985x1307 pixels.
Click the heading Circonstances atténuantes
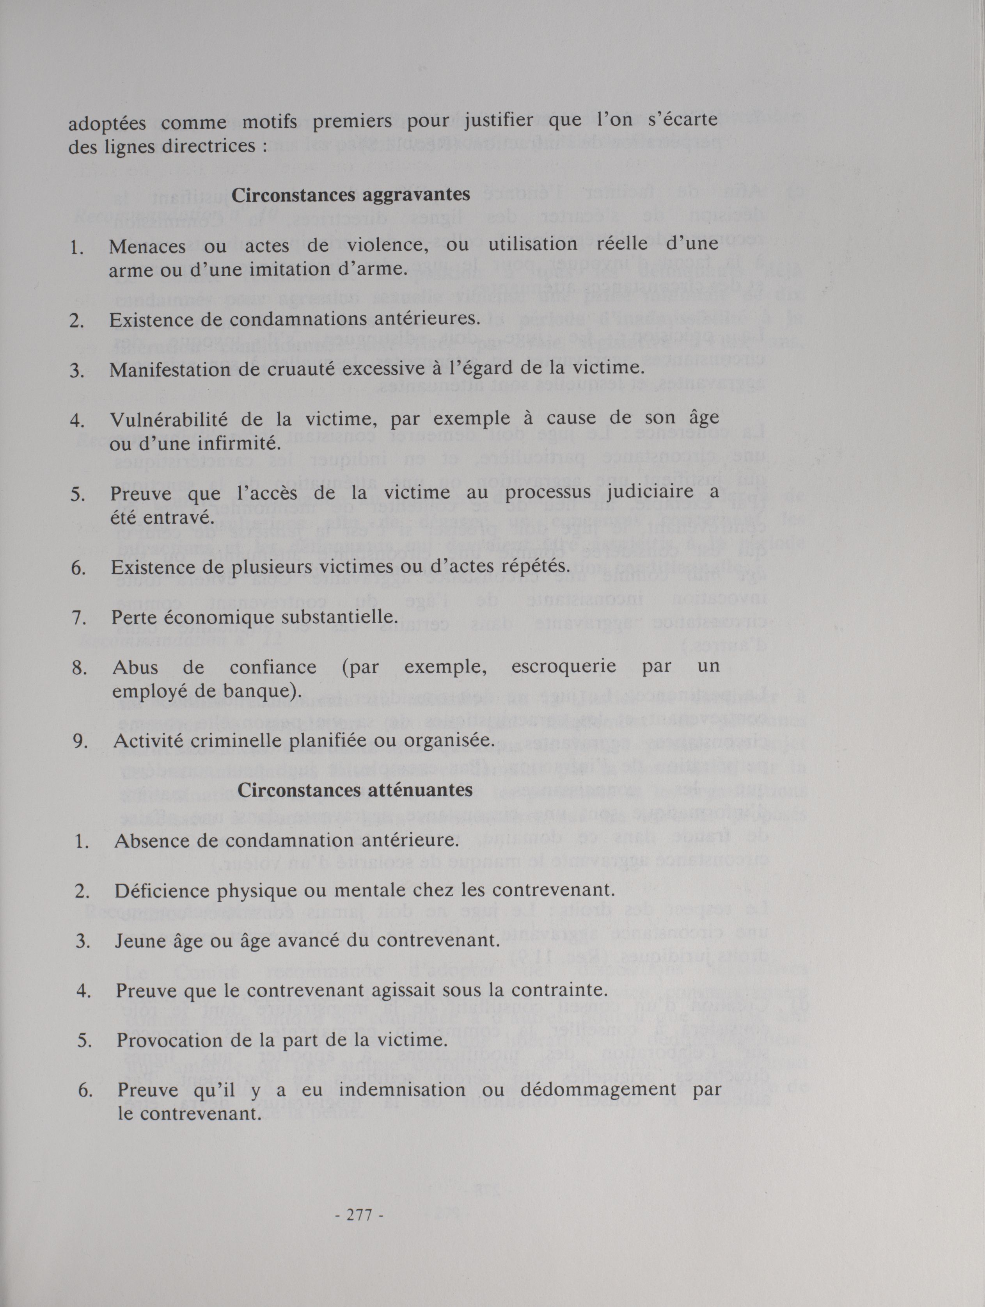(x=355, y=791)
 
